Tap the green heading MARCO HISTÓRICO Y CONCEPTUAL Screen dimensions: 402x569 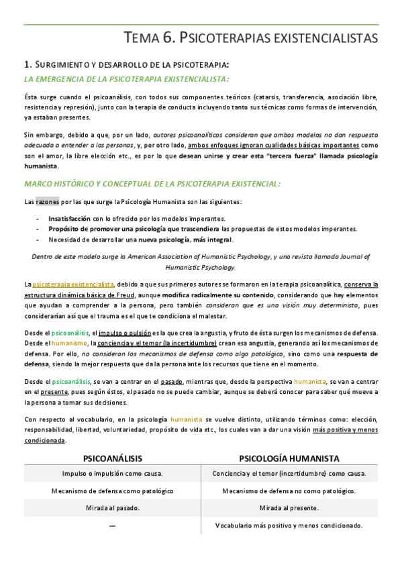[x=152, y=183]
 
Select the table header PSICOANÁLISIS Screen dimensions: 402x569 [x=112, y=458]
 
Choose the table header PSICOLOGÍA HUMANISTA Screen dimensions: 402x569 [x=289, y=458]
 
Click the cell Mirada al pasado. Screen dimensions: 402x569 [x=112, y=508]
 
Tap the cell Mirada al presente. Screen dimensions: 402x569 [x=289, y=508]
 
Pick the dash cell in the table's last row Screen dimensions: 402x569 [x=112, y=525]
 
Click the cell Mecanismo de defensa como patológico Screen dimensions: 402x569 [x=112, y=490]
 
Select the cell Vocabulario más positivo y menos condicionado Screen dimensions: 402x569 [x=289, y=525]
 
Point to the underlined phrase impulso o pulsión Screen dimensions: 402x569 [x=123, y=333]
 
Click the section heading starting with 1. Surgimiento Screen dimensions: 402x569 [x=125, y=64]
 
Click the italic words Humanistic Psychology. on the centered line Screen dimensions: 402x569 [x=201, y=266]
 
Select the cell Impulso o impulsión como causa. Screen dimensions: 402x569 [x=112, y=473]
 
